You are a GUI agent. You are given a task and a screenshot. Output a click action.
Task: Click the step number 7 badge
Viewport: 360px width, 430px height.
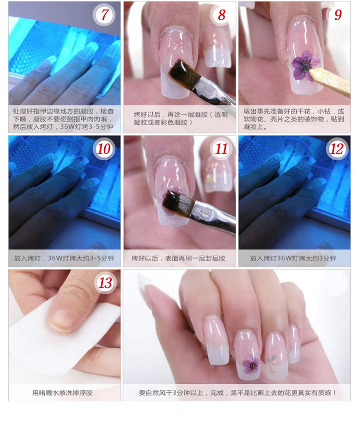pos(104,15)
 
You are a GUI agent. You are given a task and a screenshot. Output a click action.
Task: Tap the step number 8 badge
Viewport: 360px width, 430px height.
pos(221,15)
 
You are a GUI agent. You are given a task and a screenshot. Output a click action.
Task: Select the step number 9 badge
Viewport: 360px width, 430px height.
pos(337,15)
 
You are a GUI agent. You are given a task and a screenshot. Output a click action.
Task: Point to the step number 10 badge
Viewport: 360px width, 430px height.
pos(104,149)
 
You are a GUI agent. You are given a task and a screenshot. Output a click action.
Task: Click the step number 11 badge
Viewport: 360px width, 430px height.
pos(221,149)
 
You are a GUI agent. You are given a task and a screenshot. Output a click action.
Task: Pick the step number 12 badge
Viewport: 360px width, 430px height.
pos(337,149)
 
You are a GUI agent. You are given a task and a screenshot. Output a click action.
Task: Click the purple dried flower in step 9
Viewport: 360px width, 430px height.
pos(304,66)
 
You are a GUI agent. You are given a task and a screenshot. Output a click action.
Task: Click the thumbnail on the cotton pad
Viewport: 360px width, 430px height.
pos(61,321)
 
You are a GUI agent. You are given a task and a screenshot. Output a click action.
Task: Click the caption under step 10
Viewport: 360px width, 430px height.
pos(64,258)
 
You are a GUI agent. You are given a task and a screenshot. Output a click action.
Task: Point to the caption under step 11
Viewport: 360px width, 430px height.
pos(179,258)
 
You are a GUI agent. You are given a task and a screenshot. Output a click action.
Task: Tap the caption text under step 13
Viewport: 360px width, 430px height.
pos(62,393)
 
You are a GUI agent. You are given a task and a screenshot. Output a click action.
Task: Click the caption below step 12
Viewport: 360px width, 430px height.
pos(293,258)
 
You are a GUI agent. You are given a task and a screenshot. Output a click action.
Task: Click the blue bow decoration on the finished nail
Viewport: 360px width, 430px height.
pos(272,358)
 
